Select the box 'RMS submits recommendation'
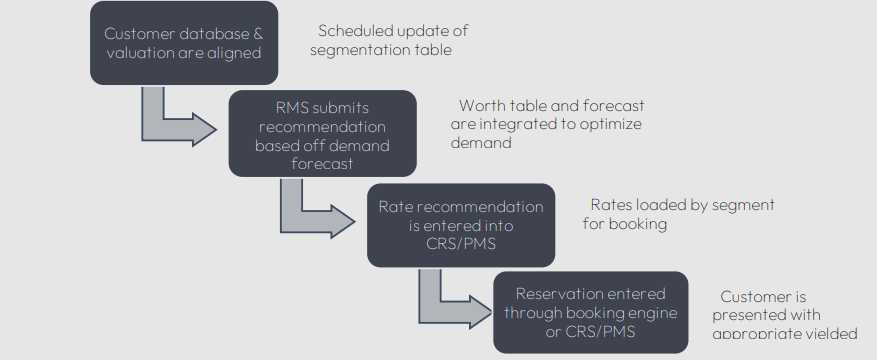(322, 134)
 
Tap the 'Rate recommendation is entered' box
(460, 224)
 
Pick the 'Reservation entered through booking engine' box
(590, 311)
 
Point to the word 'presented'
(751, 315)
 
